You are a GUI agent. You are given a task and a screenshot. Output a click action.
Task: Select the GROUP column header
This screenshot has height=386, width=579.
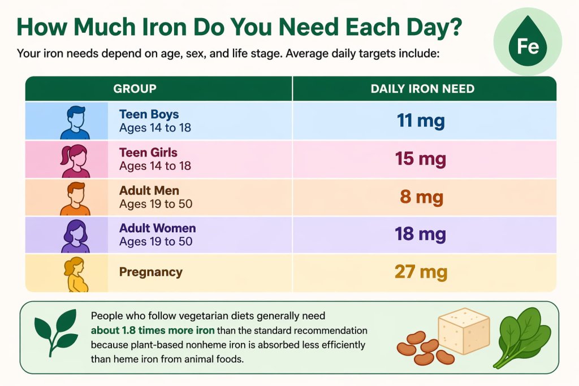coord(135,89)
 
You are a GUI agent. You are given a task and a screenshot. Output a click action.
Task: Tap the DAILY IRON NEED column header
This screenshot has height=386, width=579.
coord(422,89)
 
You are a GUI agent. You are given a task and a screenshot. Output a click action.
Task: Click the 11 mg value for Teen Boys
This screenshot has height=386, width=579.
coord(421,121)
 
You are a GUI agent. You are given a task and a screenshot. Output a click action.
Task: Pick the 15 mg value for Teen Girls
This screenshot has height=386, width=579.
coord(421,159)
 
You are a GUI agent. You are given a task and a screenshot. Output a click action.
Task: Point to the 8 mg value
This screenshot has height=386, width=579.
coord(421,197)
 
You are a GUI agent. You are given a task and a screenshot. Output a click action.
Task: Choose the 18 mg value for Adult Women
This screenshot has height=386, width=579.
coord(421,235)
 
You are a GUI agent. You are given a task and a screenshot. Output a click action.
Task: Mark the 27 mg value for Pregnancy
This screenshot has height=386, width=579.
coord(421,272)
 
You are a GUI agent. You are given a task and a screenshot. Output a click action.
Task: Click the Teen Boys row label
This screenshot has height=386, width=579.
coord(148,115)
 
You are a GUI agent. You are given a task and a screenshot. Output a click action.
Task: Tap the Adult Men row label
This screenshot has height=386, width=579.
coord(149,190)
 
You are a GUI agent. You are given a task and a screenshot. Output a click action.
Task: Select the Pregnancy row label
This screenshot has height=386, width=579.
coord(150,272)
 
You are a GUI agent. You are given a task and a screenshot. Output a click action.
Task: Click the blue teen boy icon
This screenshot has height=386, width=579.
coord(75,122)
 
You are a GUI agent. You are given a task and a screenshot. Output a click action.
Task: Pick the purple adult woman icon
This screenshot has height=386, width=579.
coord(75,236)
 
